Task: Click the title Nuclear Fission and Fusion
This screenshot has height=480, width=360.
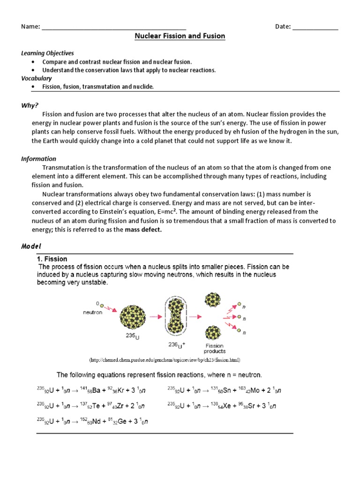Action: tap(180, 36)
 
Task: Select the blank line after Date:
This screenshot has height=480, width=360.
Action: tap(315, 27)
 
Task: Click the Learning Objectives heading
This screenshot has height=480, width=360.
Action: tap(47, 53)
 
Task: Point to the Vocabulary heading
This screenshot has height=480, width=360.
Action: tap(36, 78)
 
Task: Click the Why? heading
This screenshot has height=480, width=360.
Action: tap(30, 105)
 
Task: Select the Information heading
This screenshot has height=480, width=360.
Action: tap(38, 159)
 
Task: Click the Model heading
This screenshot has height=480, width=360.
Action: tap(31, 247)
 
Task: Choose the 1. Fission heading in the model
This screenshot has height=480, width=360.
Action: tap(52, 259)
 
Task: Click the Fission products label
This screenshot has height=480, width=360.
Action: tap(215, 348)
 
